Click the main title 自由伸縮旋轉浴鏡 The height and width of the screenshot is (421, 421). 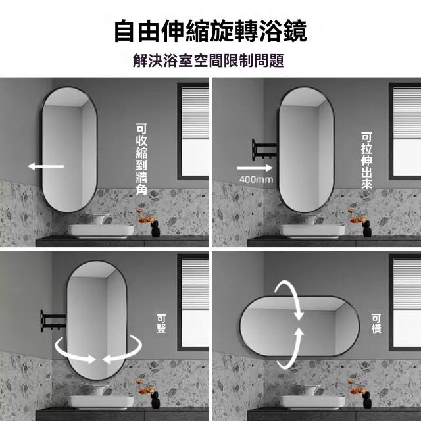click(210, 31)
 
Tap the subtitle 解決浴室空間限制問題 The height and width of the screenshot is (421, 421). click(209, 61)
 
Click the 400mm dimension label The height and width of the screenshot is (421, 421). click(256, 180)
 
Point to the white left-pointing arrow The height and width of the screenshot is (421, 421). click(45, 166)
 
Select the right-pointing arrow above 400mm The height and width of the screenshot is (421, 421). click(255, 168)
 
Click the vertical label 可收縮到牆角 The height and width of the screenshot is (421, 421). click(141, 159)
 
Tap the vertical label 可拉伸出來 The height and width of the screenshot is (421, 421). click(366, 161)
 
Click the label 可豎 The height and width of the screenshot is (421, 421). click(161, 324)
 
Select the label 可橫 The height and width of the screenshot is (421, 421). click(376, 324)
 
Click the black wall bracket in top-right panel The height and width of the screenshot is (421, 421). click(263, 150)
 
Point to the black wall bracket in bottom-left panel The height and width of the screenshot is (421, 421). click(53, 320)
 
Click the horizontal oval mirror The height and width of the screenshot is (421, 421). click(299, 326)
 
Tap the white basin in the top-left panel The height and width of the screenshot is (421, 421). click(101, 231)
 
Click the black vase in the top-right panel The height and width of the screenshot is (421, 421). click(367, 228)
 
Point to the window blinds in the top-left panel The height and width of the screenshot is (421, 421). click(195, 113)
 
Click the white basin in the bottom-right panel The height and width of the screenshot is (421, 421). click(312, 402)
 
